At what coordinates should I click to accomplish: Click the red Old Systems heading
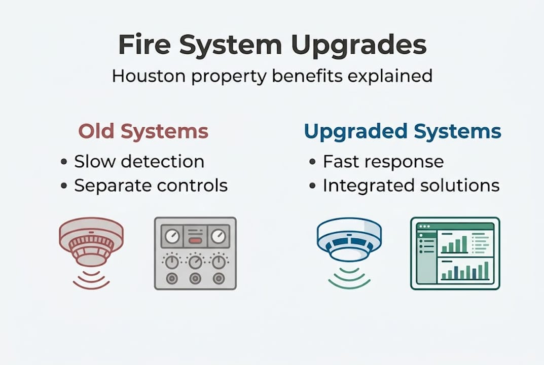click(x=143, y=131)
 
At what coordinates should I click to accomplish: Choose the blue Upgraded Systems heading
click(x=403, y=131)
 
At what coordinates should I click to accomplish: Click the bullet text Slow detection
click(x=139, y=162)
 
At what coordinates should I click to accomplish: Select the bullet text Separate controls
click(x=151, y=186)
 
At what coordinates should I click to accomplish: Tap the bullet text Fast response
click(x=383, y=162)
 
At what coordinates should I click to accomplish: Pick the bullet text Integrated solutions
click(x=411, y=186)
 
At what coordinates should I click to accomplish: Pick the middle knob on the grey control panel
click(x=195, y=262)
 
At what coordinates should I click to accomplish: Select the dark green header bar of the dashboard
click(x=455, y=226)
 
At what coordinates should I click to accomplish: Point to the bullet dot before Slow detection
click(x=64, y=162)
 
